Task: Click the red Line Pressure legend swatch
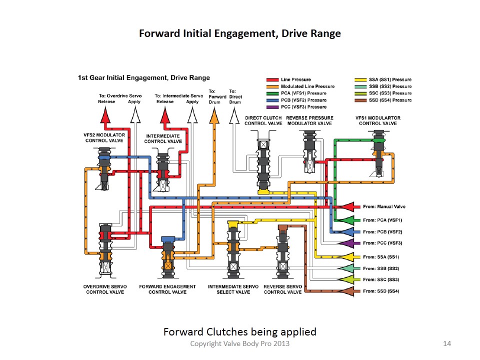(x=272, y=80)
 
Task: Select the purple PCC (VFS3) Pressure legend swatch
(x=272, y=107)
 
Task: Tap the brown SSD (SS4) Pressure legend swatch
(x=360, y=100)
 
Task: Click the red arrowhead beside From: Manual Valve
(x=348, y=207)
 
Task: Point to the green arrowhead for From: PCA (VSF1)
(x=348, y=220)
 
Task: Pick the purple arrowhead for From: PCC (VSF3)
(x=348, y=243)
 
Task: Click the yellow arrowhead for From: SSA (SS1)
(x=348, y=257)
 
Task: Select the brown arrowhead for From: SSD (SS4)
(x=348, y=291)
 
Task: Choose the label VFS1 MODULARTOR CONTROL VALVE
(x=378, y=120)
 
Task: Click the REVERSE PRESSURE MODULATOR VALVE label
(x=309, y=120)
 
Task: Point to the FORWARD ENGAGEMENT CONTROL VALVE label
(x=167, y=289)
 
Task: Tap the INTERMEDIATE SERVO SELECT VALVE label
(x=233, y=289)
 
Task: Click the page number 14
(x=447, y=344)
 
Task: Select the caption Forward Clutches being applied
(x=239, y=332)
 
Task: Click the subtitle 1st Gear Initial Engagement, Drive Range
(x=144, y=78)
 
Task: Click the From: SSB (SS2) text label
(x=381, y=268)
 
